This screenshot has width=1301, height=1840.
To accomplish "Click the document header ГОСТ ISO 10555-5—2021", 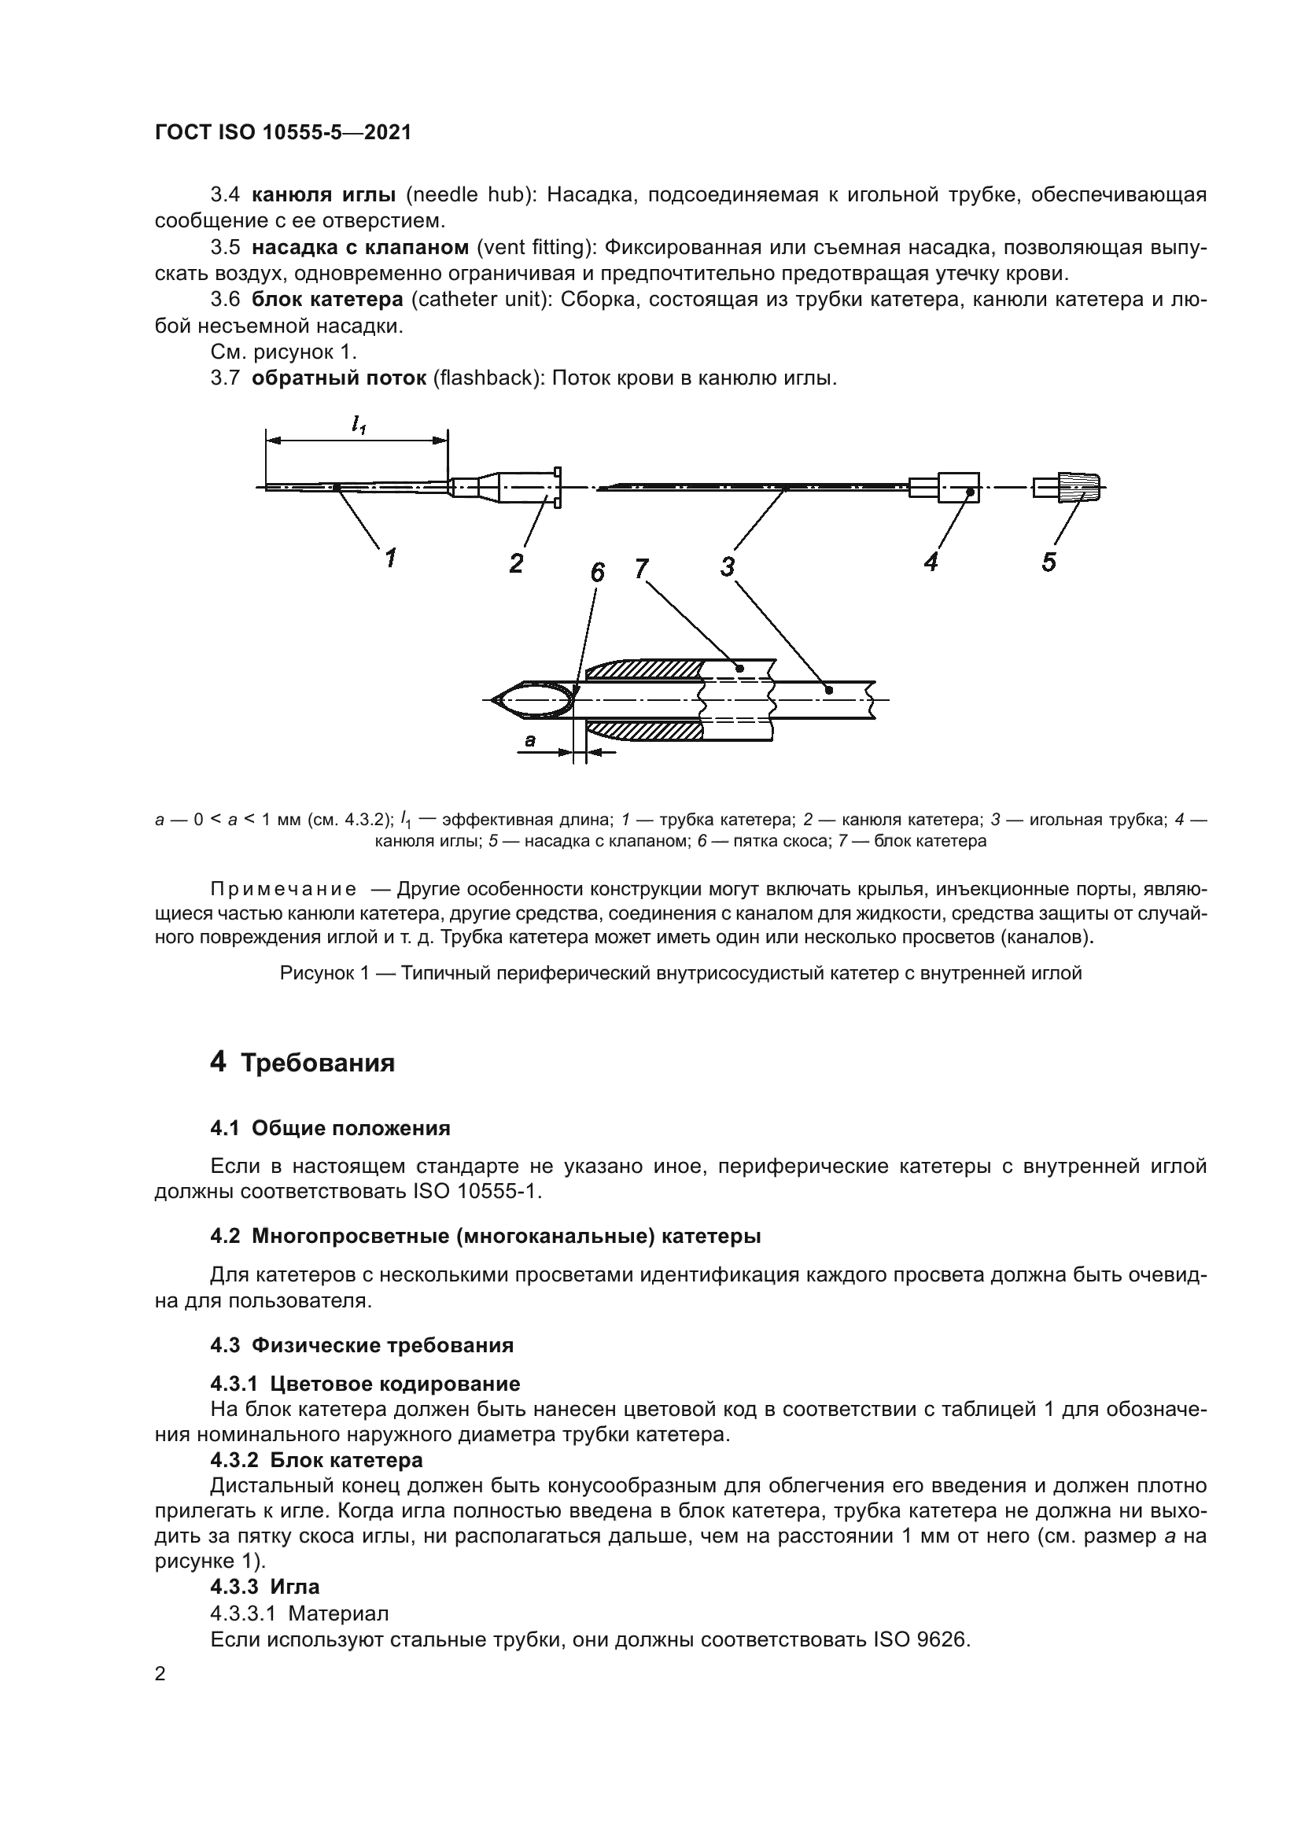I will pyautogui.click(x=283, y=133).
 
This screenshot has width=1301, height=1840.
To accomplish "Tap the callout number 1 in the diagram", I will pyautogui.click(x=390, y=557).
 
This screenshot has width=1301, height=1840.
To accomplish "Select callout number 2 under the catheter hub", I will pyautogui.click(x=516, y=562).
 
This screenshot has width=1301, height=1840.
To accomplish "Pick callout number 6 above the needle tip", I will pyautogui.click(x=598, y=572).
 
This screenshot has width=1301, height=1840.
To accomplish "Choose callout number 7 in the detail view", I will pyautogui.click(x=641, y=569).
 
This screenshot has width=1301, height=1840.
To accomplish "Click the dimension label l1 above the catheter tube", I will pyautogui.click(x=358, y=427).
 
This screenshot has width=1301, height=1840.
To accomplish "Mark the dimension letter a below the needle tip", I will pyautogui.click(x=529, y=741).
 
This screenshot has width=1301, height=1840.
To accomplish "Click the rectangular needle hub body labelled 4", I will pyautogui.click(x=958, y=486).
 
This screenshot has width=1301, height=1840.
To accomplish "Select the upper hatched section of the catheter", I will pyautogui.click(x=645, y=670).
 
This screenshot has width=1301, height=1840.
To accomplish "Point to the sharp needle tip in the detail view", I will pyautogui.click(x=492, y=701).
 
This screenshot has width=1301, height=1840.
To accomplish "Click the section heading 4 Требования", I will pyautogui.click(x=302, y=1064).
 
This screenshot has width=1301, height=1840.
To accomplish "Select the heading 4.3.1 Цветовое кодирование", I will pyautogui.click(x=364, y=1383).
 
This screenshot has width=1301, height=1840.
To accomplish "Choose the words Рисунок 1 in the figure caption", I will pyautogui.click(x=326, y=973).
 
